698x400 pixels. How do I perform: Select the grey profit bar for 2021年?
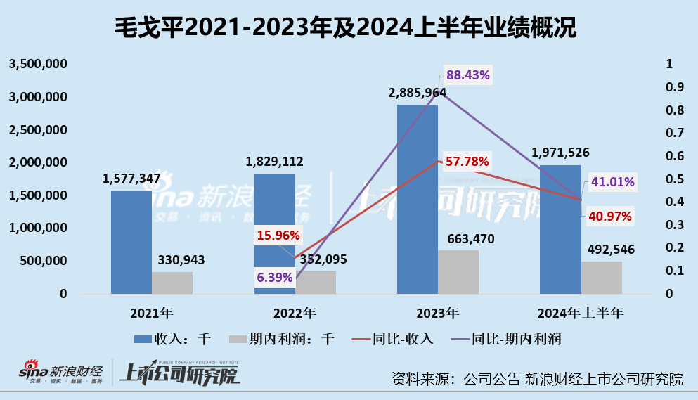pos(172,282)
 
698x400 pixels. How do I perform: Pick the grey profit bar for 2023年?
pos(458,271)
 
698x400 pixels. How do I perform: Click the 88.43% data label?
pos(467,75)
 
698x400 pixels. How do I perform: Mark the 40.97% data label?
pos(608,217)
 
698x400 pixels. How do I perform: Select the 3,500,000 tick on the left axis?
pos(37,64)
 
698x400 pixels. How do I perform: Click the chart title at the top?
pos(349,27)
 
